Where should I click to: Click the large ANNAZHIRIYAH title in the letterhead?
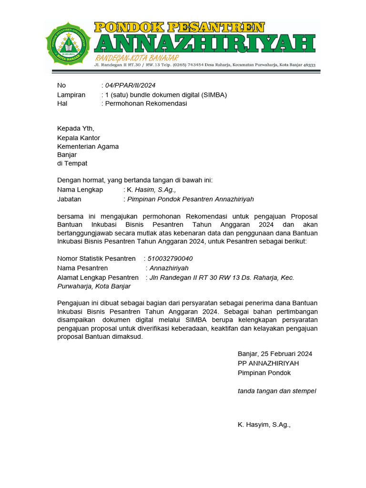[x=204, y=43]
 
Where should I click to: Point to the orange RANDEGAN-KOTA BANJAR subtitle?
[x=136, y=58]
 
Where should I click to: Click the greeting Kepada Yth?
[x=76, y=128]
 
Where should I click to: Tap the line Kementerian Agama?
[x=88, y=146]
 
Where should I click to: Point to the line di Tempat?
[x=72, y=163]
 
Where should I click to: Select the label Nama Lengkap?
[x=80, y=190]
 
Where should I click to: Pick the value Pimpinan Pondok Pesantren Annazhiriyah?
[x=190, y=199]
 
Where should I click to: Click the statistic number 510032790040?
[x=170, y=259]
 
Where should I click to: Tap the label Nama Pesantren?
[x=82, y=268]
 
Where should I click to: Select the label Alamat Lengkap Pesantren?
[x=98, y=277]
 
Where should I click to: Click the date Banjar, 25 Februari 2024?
[x=275, y=354]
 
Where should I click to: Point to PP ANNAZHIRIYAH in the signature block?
[x=268, y=363]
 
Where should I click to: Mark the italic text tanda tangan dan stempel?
[x=277, y=391]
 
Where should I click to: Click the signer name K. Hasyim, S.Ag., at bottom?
[x=264, y=424]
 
